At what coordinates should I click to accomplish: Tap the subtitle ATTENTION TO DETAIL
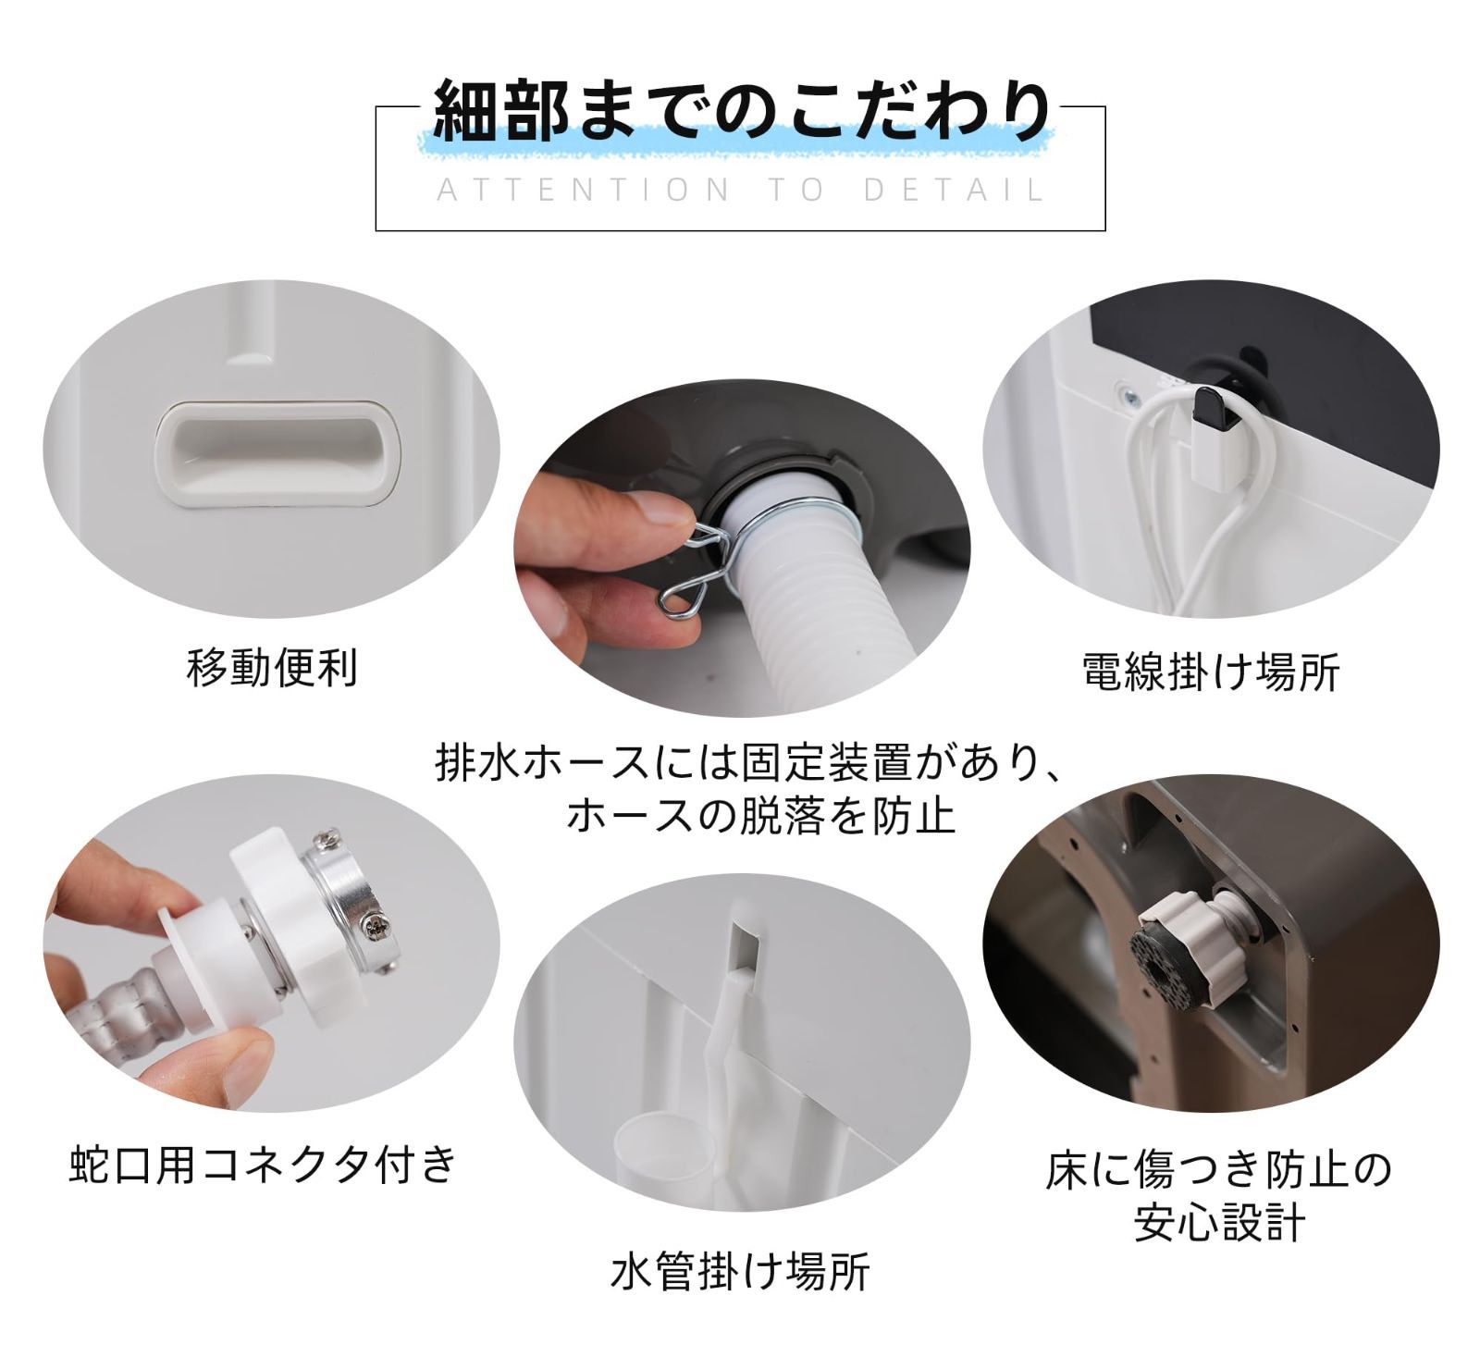tap(740, 191)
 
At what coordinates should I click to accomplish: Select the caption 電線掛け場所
tap(1211, 672)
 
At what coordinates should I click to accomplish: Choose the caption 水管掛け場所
tap(740, 1272)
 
